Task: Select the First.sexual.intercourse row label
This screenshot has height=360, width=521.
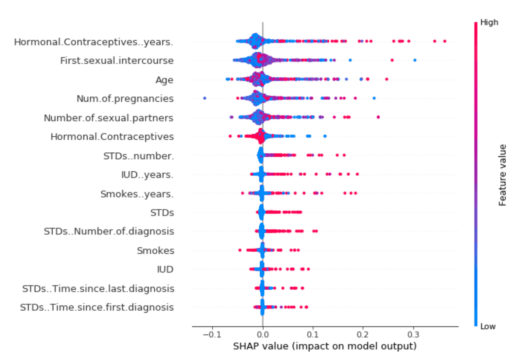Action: coord(117,61)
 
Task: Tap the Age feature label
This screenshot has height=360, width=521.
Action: coord(164,80)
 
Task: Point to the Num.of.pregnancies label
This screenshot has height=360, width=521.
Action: coord(125,99)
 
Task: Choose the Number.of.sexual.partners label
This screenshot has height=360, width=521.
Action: coord(109,118)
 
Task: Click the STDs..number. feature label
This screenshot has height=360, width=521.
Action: coord(139,156)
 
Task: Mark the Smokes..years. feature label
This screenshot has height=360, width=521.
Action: coord(137,194)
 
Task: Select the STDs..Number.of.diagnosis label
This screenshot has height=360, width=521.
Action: coord(109,232)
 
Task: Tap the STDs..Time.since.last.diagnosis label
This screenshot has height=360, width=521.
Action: coord(98,289)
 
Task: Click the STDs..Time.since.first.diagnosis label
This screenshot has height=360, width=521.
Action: coord(97,307)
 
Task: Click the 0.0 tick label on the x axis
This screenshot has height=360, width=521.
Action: coord(263,335)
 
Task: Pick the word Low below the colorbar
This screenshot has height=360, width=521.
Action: coord(488,326)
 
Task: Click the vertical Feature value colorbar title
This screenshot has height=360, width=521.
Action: coord(503,175)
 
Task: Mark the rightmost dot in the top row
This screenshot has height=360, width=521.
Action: coord(444,41)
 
